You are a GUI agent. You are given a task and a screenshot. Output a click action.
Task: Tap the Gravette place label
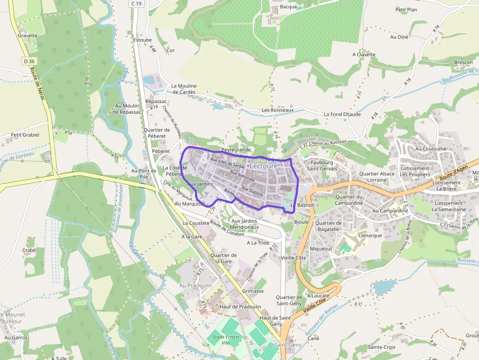[x=27, y=36]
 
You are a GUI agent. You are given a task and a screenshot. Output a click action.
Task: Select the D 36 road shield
[x=29, y=61]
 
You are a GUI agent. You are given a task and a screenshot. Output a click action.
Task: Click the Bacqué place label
[x=288, y=7]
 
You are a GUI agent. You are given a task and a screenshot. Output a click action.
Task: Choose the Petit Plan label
[x=406, y=10]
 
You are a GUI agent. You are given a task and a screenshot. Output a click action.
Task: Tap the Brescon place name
[x=463, y=63]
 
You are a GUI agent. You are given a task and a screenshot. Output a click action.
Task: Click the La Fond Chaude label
[x=342, y=114]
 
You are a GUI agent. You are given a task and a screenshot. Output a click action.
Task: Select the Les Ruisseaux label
[x=278, y=110]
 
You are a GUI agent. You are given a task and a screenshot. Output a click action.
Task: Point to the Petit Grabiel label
[x=24, y=135]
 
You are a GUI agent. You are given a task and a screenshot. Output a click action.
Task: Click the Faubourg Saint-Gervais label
[x=322, y=166]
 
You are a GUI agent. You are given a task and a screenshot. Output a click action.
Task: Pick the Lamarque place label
[x=370, y=235]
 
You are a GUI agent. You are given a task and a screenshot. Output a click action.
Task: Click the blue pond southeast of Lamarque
[x=384, y=287]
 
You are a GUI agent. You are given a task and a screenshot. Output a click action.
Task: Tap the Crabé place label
[x=29, y=250]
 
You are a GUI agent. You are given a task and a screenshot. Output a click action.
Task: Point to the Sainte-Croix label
[x=381, y=347]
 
